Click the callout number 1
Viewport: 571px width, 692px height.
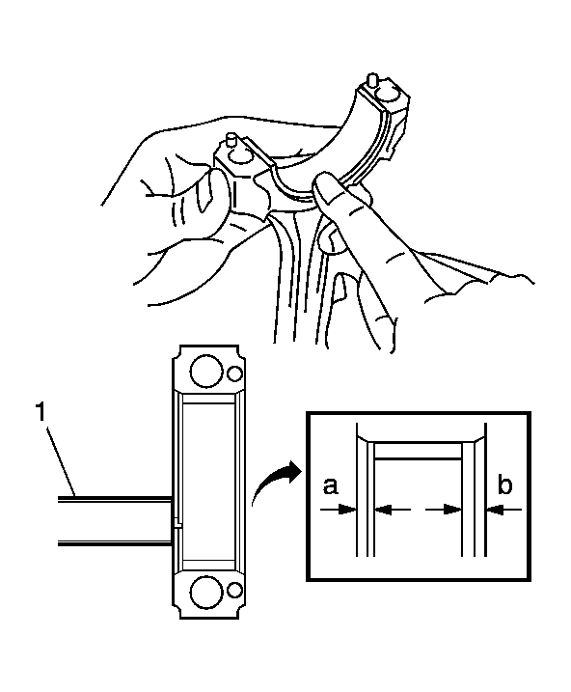pos(41,413)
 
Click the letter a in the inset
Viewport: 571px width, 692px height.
pos(330,486)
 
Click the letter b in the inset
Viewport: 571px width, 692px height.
pos(504,484)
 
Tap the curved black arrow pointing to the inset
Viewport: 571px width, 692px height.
pos(276,482)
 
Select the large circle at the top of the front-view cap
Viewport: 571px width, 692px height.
pos(205,372)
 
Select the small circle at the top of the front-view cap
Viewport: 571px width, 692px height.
pos(235,374)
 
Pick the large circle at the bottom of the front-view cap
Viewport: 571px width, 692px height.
pos(205,591)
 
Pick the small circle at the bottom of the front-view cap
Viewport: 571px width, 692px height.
pos(235,590)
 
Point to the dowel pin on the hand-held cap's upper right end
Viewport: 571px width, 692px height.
pos(373,82)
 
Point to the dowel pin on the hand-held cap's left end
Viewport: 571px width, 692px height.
pos(230,140)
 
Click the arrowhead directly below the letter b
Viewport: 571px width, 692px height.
pos(494,511)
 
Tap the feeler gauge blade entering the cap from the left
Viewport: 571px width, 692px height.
pos(114,521)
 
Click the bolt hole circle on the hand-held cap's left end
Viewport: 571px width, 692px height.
pos(237,155)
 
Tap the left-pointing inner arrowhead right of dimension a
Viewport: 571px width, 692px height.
pos(385,511)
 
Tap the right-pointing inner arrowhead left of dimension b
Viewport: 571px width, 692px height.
pos(452,511)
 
